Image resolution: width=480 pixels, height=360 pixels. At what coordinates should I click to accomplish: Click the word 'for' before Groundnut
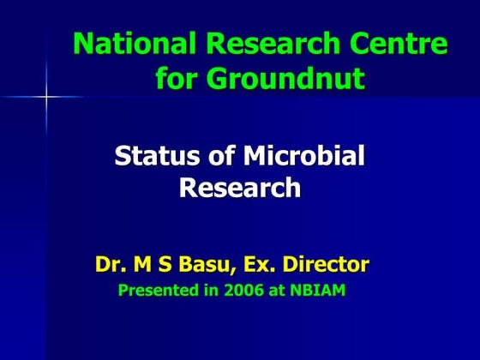click(x=176, y=79)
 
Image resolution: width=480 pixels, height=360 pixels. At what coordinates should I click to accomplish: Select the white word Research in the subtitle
click(x=240, y=188)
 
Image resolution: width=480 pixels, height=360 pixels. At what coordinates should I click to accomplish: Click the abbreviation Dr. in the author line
click(x=111, y=264)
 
